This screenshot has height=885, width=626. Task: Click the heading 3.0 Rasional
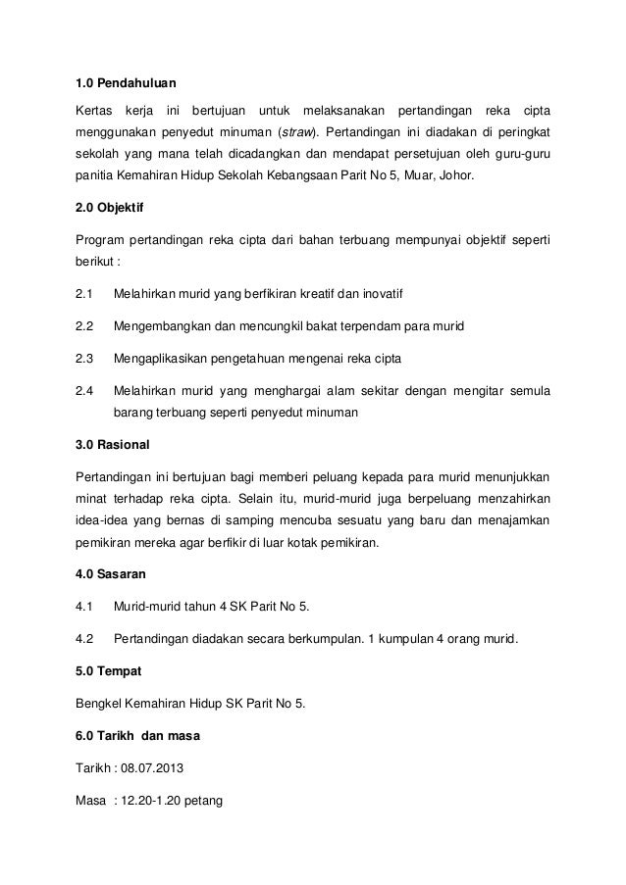113,445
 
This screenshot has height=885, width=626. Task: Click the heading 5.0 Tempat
108,671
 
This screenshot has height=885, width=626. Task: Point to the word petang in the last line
204,800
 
